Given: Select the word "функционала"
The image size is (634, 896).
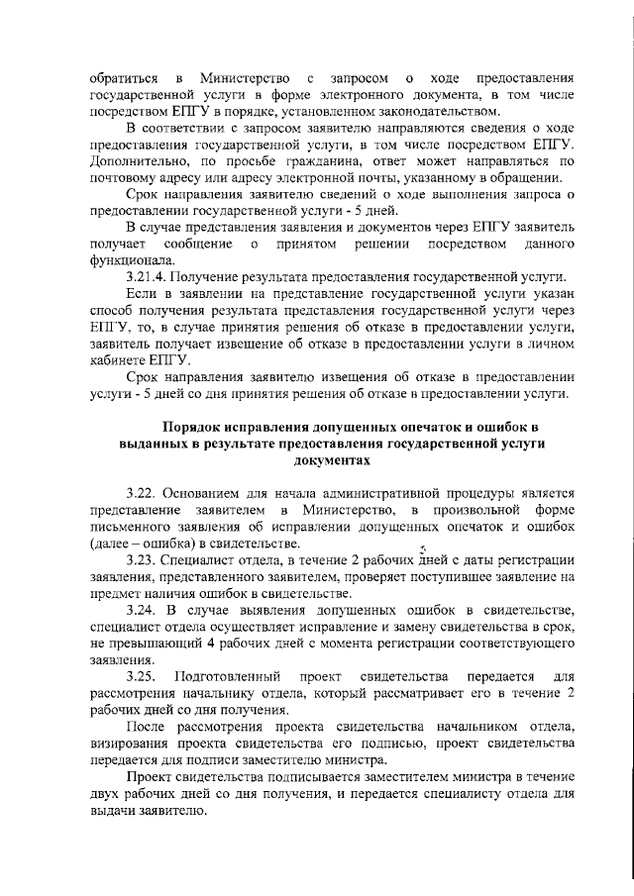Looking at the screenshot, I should click(x=133, y=259).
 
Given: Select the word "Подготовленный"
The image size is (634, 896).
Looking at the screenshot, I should click(x=230, y=676).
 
